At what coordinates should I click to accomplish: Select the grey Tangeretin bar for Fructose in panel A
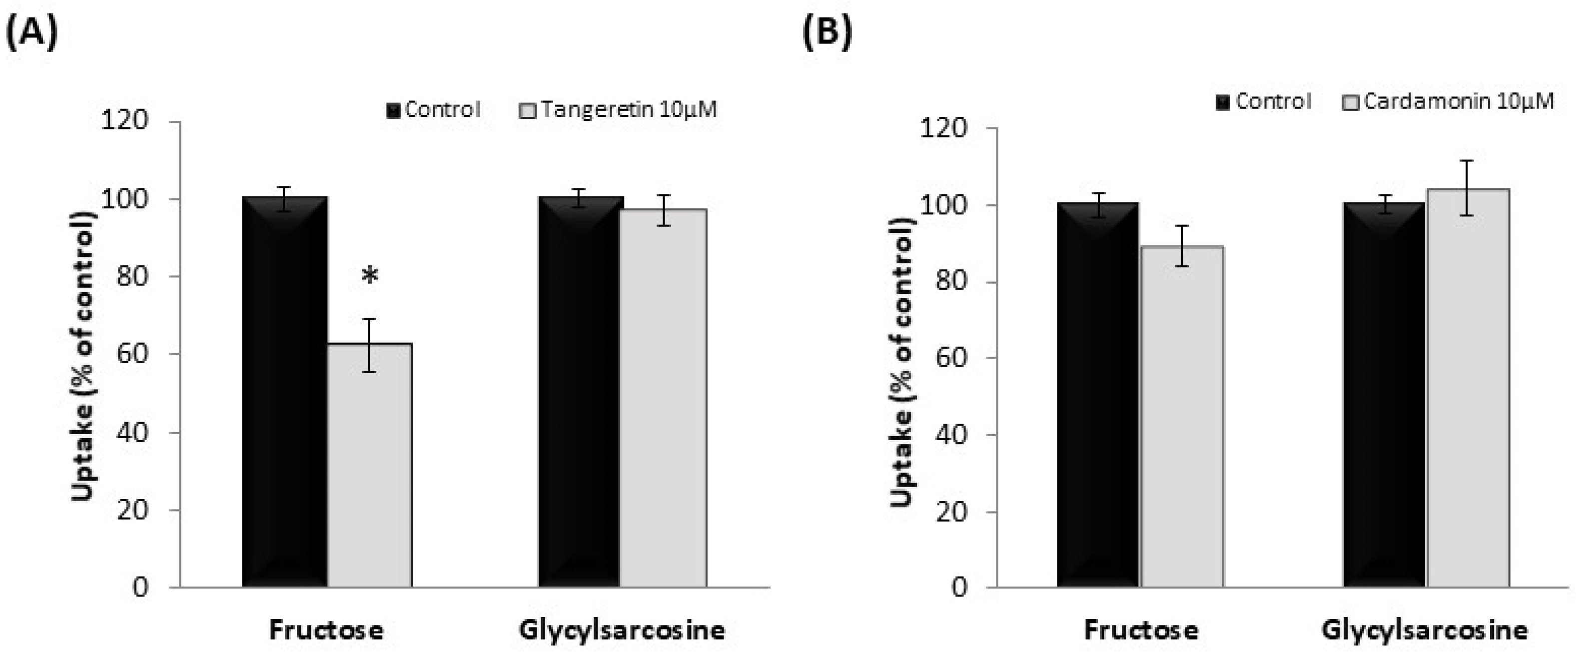370,465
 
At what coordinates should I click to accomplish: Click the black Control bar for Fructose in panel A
285,392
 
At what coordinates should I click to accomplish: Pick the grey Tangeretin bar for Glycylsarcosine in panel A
663,398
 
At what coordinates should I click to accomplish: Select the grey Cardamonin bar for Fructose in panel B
1182,416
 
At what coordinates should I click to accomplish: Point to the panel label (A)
32,32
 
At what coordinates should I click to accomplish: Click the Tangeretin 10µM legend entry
618,110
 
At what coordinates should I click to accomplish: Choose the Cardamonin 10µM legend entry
1448,101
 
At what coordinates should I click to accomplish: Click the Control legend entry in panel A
433,110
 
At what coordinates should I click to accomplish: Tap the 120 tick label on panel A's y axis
125,120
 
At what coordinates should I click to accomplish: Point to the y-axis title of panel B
902,361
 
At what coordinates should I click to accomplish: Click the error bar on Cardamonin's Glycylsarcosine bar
1469,187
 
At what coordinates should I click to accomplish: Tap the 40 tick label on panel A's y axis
132,433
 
